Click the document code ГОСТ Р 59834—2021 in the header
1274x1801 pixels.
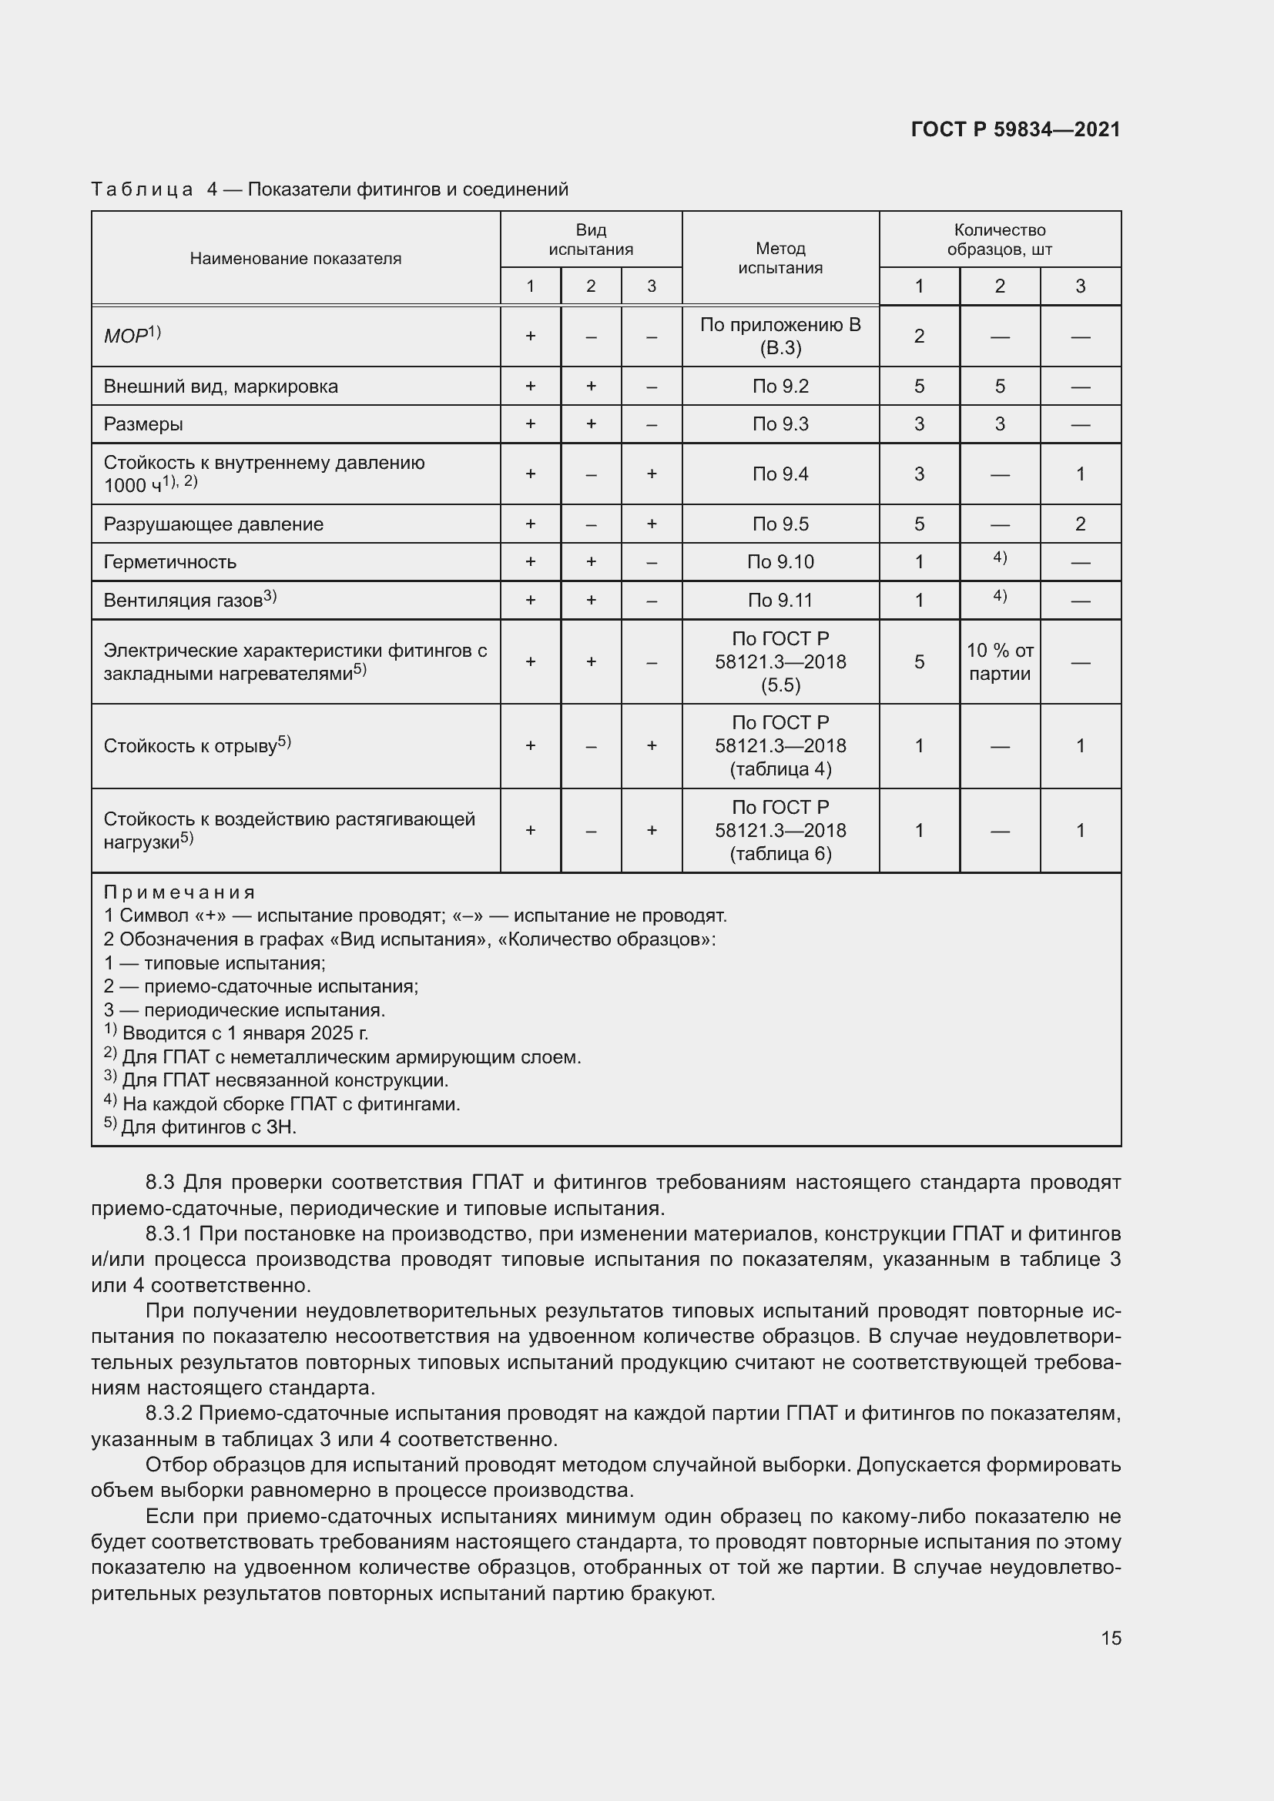point(1015,129)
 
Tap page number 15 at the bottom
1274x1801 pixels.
point(1111,1638)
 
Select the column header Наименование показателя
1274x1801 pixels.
point(295,259)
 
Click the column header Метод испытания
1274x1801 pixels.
point(779,258)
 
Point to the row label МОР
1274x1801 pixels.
point(126,336)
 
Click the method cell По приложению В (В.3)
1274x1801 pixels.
point(779,336)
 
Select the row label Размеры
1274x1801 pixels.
point(143,424)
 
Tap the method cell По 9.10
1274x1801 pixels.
point(779,561)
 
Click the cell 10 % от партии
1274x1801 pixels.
point(1000,662)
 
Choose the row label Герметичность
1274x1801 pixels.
point(169,561)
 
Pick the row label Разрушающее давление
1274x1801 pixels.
point(213,524)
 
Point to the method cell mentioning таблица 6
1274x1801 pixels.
point(779,831)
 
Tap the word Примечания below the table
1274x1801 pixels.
point(179,892)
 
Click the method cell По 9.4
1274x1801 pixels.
point(779,474)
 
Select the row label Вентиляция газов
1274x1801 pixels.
point(183,600)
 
